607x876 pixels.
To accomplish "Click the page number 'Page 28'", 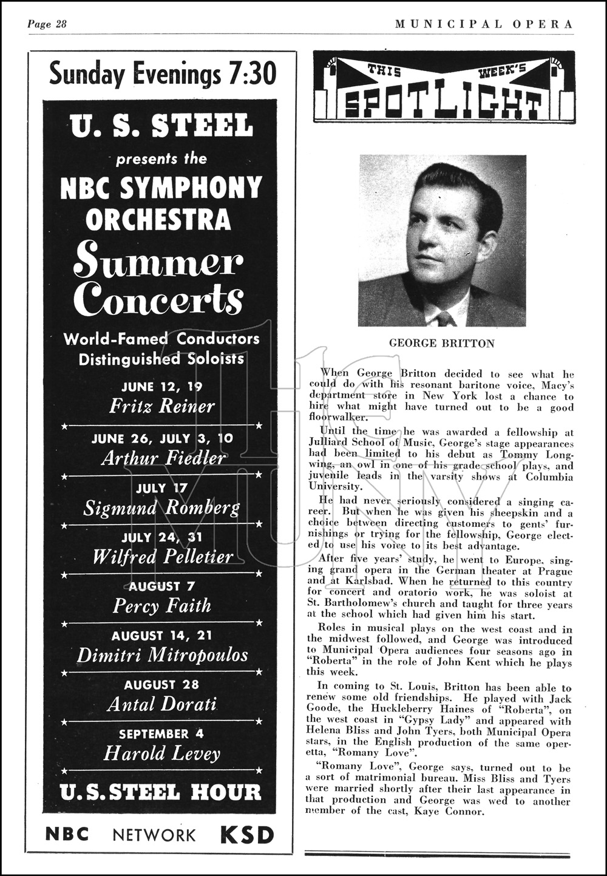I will click(47, 24).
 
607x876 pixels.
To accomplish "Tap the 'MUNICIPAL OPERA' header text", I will click(484, 24).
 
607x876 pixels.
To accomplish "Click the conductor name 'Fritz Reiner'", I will click(162, 406).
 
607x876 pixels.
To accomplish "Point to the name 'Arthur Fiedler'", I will click(163, 458).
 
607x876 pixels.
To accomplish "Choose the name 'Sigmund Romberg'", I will click(161, 508).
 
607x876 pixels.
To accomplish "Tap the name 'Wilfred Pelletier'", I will click(162, 557).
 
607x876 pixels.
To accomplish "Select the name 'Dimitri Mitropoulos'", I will click(162, 655).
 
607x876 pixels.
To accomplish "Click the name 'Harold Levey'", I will click(161, 754).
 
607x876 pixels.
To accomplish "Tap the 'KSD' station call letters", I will click(246, 835).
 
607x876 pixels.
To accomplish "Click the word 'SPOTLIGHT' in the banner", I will click(443, 104).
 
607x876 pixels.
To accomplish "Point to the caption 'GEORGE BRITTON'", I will click(442, 344).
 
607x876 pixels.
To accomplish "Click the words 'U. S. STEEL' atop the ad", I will click(161, 126).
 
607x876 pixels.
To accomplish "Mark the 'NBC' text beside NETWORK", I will click(67, 835).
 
